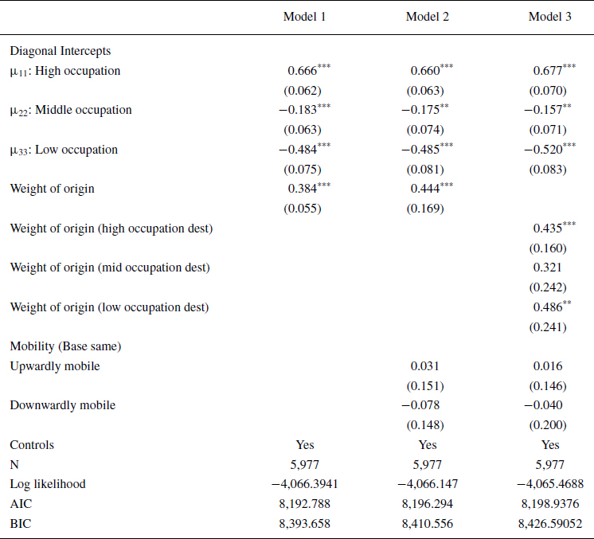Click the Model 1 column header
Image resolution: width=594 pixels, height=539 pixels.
(x=305, y=18)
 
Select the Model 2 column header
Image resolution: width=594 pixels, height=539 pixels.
(x=428, y=18)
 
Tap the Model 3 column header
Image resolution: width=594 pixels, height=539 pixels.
(x=550, y=18)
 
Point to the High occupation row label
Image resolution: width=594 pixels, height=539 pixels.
(x=65, y=71)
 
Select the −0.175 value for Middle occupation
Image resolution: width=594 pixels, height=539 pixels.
(x=422, y=110)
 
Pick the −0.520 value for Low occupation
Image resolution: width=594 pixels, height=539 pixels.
(x=545, y=150)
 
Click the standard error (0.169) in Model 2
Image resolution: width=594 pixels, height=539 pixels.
(x=428, y=209)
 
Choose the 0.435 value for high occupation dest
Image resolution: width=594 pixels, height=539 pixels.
(x=548, y=228)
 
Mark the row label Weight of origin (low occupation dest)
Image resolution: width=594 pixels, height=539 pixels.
(x=109, y=307)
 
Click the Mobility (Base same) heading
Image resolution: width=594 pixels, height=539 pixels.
(x=64, y=346)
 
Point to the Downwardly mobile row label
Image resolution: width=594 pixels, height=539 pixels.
(x=62, y=405)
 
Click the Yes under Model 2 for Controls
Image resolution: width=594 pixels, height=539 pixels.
(x=428, y=445)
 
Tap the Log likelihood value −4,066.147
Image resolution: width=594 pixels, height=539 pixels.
(x=428, y=484)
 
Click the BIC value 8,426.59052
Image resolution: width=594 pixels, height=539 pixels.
(x=550, y=523)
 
